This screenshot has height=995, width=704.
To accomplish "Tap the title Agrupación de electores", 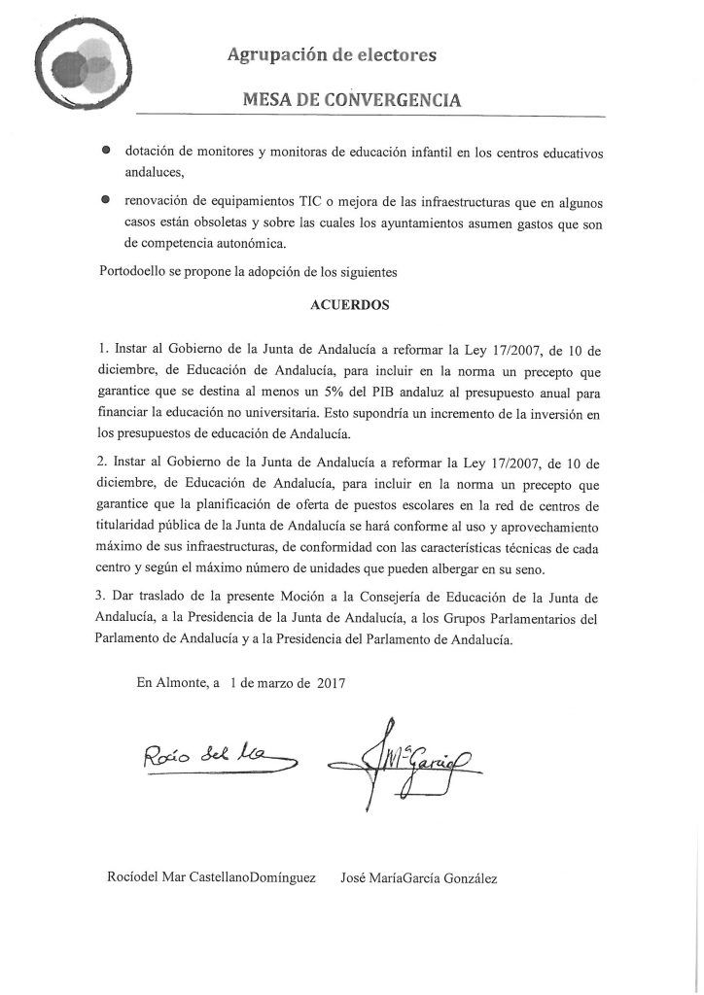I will (332, 56).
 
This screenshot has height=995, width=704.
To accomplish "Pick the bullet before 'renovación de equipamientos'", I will (105, 201).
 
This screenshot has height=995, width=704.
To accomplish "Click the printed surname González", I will (464, 878).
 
